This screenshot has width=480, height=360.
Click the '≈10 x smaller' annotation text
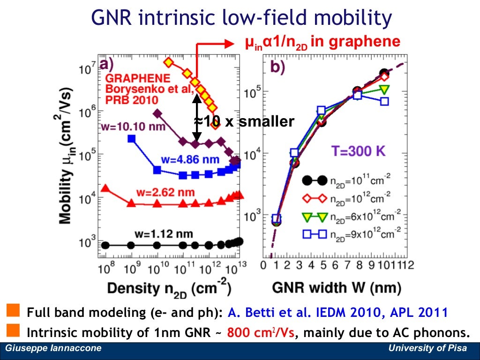(244, 122)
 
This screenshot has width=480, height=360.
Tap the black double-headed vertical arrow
(197, 118)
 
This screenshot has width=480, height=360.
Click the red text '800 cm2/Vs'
(263, 333)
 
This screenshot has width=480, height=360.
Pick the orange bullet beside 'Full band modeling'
(14, 310)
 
